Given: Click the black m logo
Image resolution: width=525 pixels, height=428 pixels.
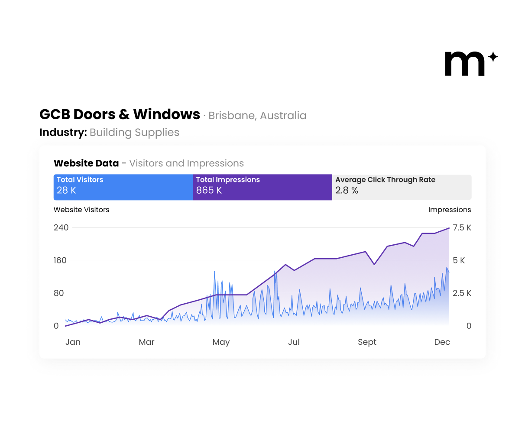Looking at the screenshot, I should [465, 64].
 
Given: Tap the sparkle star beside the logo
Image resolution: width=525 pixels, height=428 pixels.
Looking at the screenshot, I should [493, 57].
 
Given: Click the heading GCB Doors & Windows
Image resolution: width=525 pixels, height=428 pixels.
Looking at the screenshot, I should [120, 114].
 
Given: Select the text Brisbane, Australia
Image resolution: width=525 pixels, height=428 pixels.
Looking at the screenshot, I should [257, 116].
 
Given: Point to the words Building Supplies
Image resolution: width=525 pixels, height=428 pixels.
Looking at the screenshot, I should [134, 133].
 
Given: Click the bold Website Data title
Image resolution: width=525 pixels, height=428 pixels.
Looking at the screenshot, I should [86, 163].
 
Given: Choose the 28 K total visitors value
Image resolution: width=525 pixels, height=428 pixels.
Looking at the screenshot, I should [66, 190].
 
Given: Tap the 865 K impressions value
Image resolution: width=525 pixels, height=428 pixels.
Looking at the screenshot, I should [209, 190].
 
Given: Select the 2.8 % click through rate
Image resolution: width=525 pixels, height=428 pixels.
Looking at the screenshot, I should [347, 190].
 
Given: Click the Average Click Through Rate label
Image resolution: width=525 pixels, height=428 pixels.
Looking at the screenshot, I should [385, 180].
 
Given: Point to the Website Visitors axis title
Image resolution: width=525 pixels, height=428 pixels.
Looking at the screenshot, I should [81, 210].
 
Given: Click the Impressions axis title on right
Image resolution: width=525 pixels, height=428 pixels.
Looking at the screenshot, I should [449, 210].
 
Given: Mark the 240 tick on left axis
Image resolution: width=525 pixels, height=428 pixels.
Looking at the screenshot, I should [61, 228].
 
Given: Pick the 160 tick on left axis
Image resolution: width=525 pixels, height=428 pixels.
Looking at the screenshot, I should [60, 260].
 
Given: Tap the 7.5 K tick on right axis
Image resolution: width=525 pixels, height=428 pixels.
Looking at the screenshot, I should [462, 228].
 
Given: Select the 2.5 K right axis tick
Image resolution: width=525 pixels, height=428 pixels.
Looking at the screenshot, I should [462, 293].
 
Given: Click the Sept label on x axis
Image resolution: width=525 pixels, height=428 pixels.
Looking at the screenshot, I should [367, 342].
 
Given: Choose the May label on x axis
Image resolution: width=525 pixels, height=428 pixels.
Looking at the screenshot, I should [221, 342].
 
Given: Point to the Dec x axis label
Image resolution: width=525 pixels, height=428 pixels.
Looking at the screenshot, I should [442, 342].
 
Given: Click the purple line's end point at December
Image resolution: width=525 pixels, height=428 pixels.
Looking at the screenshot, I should [449, 228].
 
